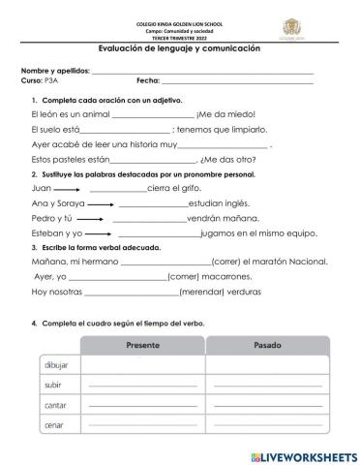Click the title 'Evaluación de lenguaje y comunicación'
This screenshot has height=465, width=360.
pos(179,47)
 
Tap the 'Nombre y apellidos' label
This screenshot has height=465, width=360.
pos(55,71)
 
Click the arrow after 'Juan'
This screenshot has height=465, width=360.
pos(67,189)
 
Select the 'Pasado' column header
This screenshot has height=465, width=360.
pos(267,345)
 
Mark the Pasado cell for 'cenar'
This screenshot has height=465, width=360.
pos(267,425)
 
